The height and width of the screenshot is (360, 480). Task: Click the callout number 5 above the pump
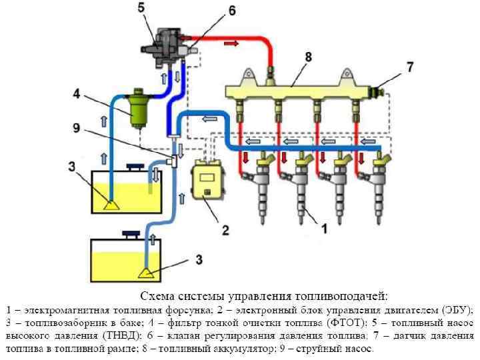(x=141, y=8)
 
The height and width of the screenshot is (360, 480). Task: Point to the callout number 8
(x=308, y=58)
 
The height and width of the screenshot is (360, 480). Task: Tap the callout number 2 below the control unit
(x=225, y=231)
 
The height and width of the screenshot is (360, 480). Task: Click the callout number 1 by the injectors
(x=325, y=229)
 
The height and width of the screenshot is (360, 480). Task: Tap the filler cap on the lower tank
(x=131, y=233)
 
